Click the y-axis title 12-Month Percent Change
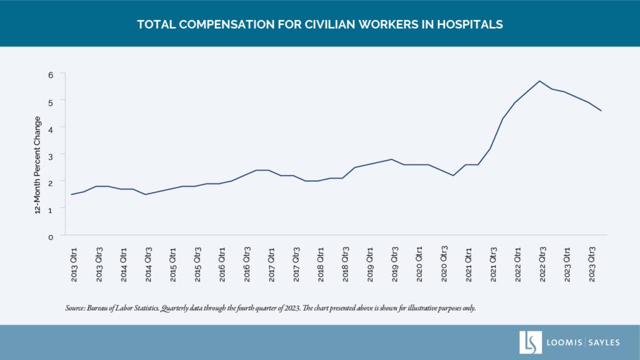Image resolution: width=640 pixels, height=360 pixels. tap(38, 165)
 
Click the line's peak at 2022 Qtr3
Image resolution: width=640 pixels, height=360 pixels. tap(539, 81)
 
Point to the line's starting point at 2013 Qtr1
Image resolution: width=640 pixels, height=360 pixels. tap(71, 194)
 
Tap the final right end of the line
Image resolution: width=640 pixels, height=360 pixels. tap(601, 111)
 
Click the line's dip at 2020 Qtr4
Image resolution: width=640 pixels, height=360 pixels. tap(453, 176)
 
